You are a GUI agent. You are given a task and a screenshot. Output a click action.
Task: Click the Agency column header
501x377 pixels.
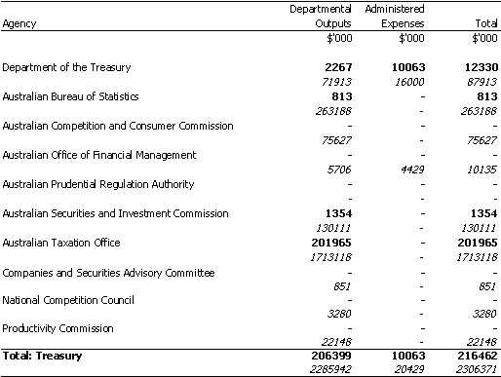tap(19, 24)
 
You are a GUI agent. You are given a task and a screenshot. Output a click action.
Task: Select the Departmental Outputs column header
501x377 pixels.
tap(321, 17)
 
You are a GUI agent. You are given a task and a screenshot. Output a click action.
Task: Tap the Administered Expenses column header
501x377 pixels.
tap(395, 17)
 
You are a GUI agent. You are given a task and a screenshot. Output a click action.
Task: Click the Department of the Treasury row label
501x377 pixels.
tap(66, 67)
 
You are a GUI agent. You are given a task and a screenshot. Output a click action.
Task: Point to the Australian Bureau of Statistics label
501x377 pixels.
tap(70, 96)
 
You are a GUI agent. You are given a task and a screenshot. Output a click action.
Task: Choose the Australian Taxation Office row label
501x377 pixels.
tap(61, 243)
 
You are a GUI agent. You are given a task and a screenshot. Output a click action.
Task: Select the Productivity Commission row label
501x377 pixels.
tap(58, 328)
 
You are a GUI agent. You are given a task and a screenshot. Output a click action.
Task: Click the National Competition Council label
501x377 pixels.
tap(68, 300)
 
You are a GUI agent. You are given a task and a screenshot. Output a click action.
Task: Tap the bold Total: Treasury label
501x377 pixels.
tap(42, 356)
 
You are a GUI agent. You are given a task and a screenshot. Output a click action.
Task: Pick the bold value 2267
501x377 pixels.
tap(338, 67)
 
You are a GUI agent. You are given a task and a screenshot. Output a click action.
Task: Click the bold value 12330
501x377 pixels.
tap(482, 67)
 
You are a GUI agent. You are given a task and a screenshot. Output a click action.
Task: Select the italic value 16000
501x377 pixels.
tap(409, 82)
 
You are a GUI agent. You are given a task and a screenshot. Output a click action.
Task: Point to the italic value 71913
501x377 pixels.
tap(336, 82)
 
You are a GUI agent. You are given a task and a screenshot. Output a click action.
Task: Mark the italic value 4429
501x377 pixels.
tap(412, 170)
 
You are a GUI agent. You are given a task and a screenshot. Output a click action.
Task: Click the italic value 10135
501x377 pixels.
tap(482, 170)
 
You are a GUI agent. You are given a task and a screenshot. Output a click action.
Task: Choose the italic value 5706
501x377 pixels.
tap(339, 170)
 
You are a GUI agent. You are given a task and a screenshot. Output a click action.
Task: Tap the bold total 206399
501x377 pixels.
tap(331, 356)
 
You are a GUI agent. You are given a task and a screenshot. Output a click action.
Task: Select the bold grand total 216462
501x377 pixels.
tap(478, 356)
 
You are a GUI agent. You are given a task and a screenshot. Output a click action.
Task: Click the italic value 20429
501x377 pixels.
tap(409, 369)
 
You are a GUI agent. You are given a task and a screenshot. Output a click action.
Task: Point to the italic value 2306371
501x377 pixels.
tap(477, 369)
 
